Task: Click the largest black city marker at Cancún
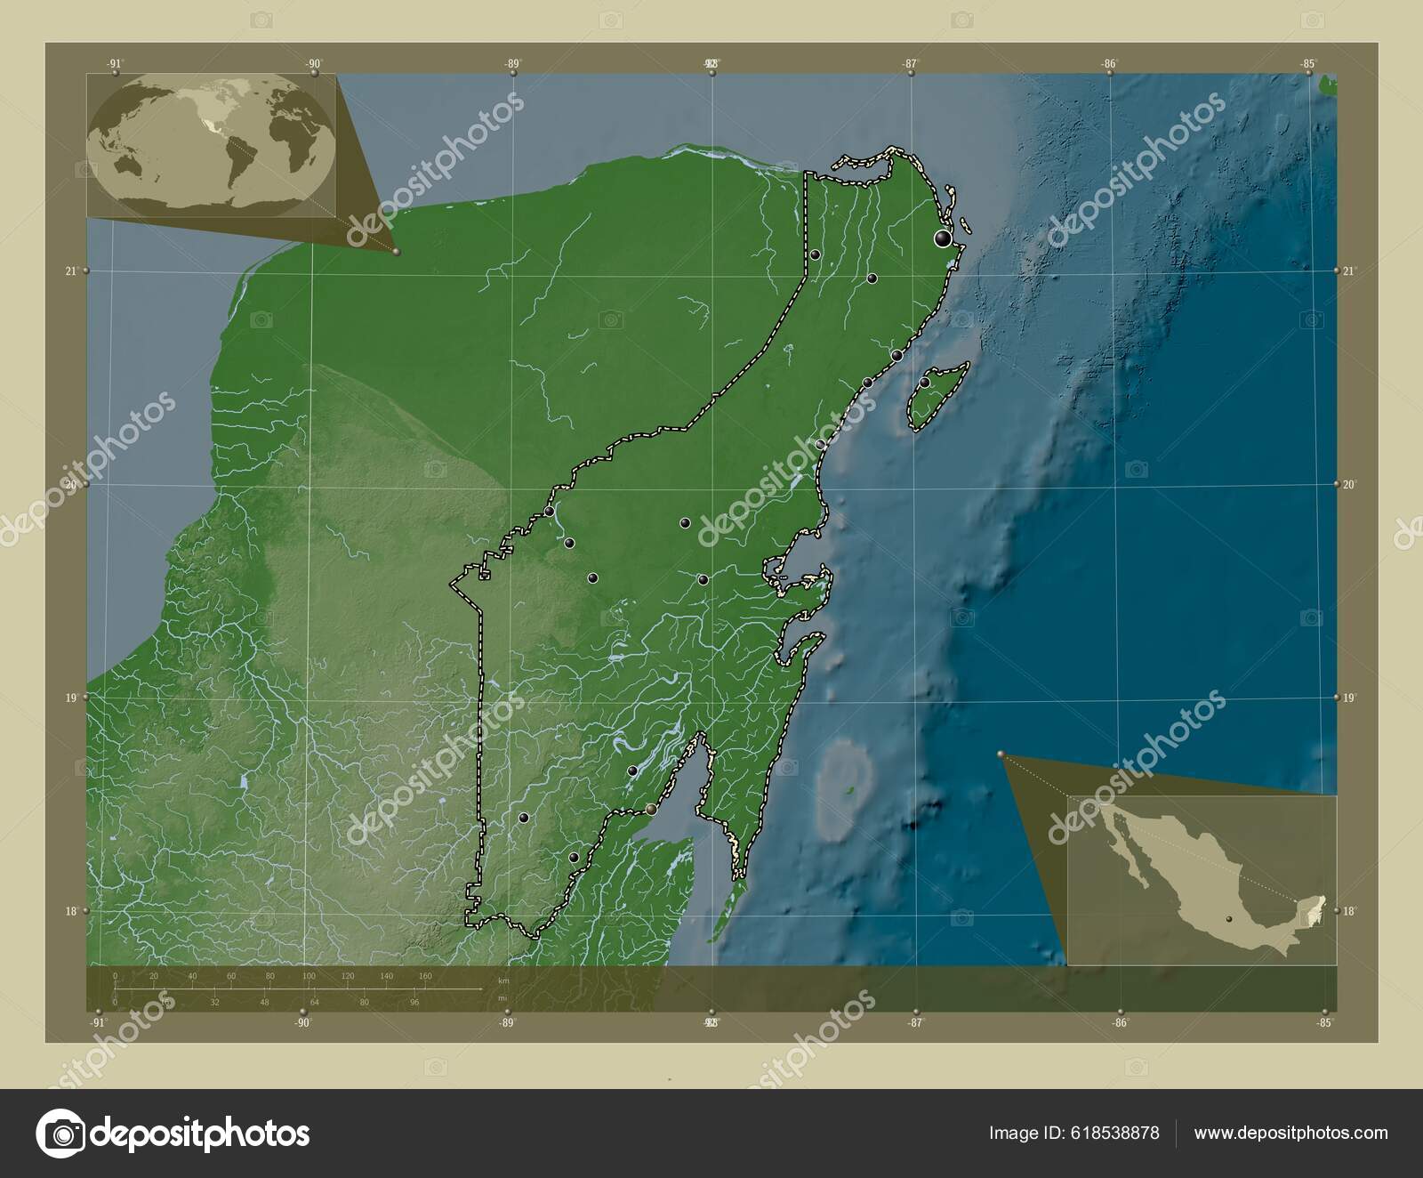[942, 238]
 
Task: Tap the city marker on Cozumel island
[924, 383]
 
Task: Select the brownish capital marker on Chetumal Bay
[653, 809]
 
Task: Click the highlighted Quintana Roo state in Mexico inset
[1320, 908]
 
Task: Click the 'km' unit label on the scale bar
[503, 980]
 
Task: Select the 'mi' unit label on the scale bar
[502, 997]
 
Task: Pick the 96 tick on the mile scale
[414, 1002]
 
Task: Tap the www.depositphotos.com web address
[1290, 1133]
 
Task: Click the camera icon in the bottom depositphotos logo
[60, 1134]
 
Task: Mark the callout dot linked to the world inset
[396, 252]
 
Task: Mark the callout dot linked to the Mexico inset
[1001, 754]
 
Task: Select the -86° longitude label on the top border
[1108, 64]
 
